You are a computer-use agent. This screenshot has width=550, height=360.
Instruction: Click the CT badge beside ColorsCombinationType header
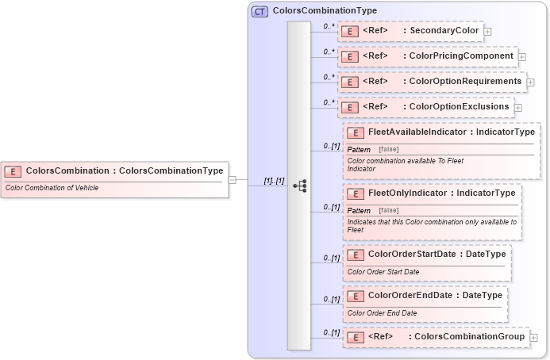point(260,12)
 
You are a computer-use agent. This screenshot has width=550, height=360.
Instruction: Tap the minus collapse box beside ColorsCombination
point(232,180)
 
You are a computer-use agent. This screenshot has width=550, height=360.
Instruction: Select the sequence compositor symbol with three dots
point(299,186)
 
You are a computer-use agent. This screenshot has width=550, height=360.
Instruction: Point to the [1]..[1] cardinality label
point(274,181)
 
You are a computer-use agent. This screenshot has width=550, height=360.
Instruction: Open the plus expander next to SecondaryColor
point(487,32)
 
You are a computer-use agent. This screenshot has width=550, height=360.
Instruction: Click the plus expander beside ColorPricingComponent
point(522,57)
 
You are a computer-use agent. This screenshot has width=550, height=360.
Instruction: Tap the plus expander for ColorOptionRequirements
point(530,82)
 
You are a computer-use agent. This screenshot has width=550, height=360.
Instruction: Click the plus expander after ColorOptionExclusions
point(517,108)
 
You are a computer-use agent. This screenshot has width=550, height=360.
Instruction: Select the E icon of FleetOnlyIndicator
point(356,193)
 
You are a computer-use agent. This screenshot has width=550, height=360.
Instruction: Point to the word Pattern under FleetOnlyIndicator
point(359,210)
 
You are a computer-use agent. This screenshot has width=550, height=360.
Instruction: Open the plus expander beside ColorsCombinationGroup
point(533,338)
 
